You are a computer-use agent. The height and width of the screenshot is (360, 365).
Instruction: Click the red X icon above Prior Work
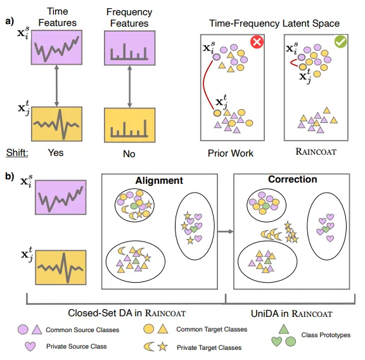(257, 42)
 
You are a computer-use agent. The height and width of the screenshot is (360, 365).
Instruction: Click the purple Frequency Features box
(129, 52)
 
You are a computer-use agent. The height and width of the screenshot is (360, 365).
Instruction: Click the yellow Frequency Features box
(129, 123)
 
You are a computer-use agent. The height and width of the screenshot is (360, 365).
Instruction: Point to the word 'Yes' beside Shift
(55, 153)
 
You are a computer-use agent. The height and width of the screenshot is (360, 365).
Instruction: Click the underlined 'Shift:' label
(18, 153)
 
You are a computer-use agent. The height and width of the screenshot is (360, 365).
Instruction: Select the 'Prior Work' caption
(231, 153)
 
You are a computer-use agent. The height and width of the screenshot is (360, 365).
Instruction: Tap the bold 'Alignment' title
(160, 181)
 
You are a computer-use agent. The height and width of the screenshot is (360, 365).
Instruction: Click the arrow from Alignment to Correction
(223, 232)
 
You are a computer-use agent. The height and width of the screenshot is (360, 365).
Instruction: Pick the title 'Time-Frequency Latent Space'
(274, 23)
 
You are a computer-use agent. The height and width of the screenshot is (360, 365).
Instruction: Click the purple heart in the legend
(29, 347)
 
